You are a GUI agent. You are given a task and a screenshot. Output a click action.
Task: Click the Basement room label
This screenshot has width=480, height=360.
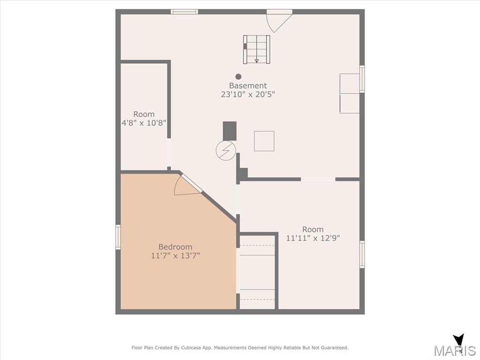coord(248,86)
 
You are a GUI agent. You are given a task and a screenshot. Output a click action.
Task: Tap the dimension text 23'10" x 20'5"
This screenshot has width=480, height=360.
coord(248,94)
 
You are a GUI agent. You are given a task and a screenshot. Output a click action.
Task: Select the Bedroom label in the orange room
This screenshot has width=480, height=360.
coord(175,247)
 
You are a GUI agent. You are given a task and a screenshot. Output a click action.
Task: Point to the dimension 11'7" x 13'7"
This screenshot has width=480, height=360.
coord(175,255)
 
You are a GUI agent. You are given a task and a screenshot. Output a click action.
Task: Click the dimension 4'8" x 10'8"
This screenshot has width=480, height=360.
coord(144,123)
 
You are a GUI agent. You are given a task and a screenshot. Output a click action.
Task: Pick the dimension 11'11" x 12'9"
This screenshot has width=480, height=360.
coord(313,238)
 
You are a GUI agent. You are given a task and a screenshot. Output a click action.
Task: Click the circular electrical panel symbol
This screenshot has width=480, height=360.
coord(226,150)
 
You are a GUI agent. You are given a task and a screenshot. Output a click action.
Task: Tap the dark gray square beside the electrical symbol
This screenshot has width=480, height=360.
coord(230,131)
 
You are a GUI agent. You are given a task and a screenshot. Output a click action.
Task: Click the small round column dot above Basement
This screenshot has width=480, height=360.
coord(239,76)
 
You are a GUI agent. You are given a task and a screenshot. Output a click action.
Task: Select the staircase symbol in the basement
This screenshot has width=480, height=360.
coord(256,49)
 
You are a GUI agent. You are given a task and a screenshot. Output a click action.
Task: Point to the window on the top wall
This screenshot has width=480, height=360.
coord(184,12)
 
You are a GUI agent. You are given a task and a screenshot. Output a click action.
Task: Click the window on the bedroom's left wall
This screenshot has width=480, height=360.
coord(118,237)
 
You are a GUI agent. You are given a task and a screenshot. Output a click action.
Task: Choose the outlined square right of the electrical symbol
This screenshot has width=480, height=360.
coord(264,141)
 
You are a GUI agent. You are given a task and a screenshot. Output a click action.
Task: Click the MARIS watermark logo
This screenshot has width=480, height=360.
coord(455,347)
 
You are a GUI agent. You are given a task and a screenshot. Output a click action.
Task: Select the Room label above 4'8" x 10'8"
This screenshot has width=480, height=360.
coord(144,114)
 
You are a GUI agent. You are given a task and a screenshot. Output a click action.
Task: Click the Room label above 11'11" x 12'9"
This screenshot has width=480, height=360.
coord(313,229)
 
